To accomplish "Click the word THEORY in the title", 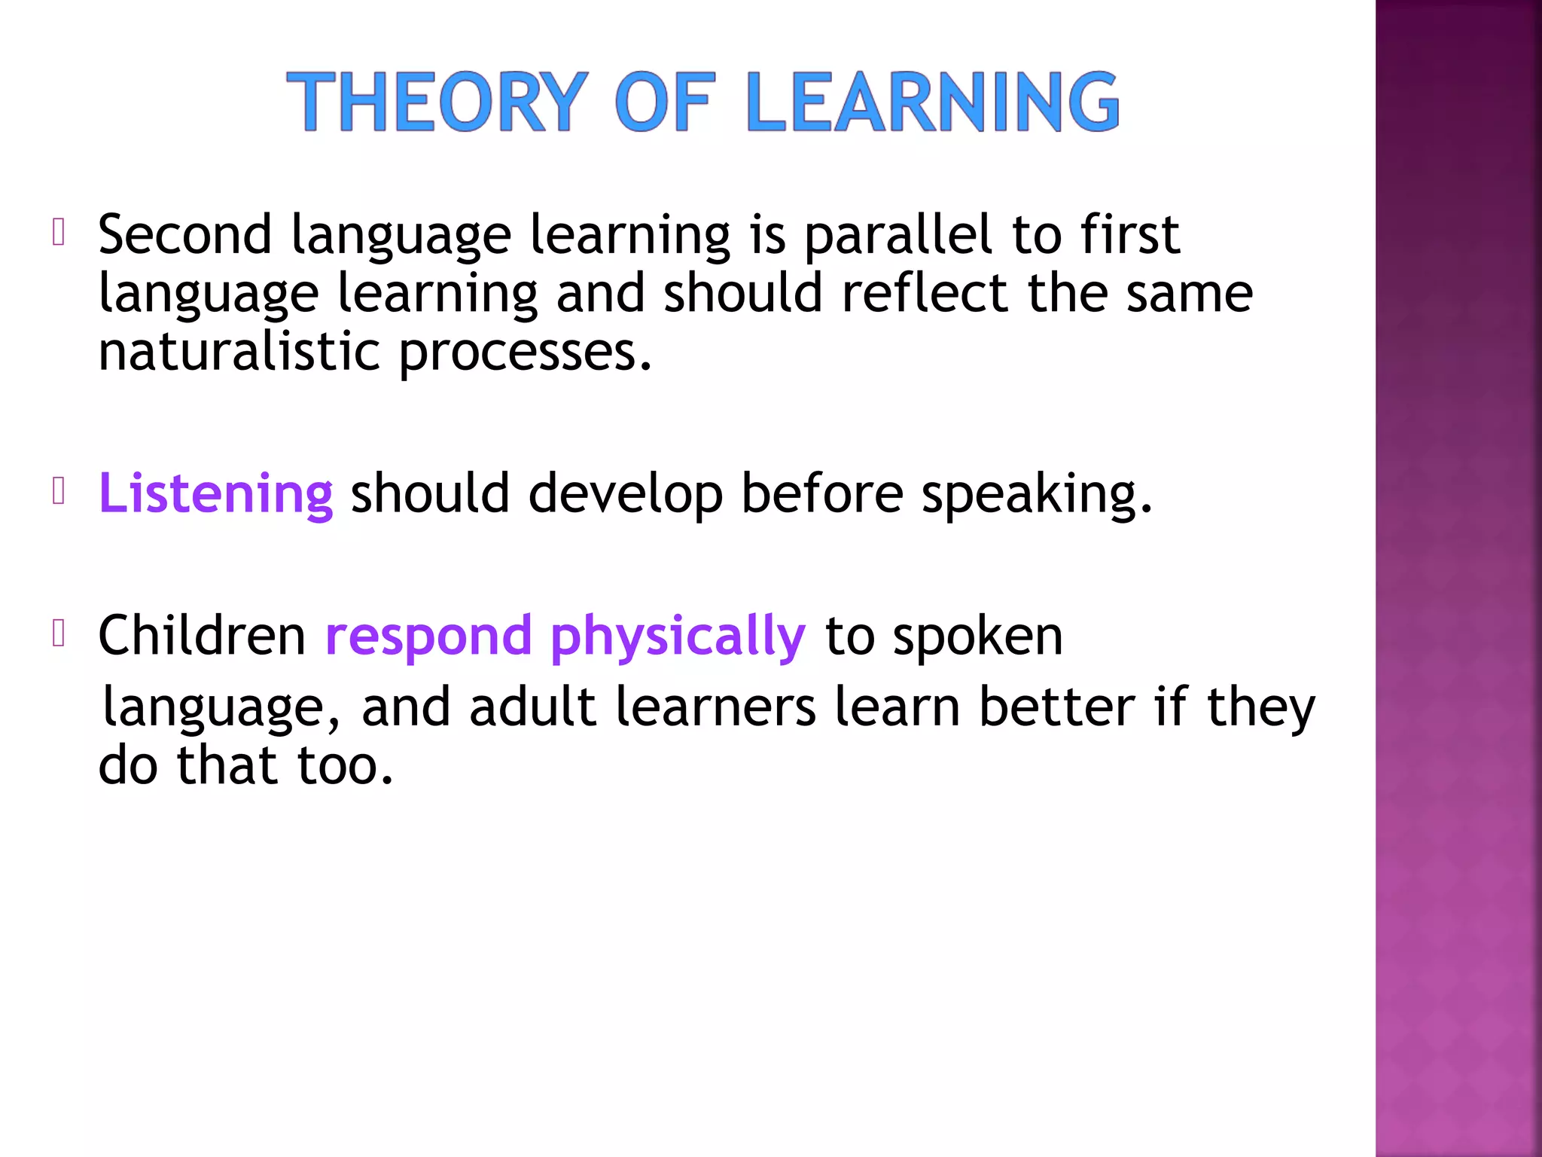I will pyautogui.click(x=437, y=102).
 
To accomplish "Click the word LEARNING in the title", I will pyautogui.click(x=934, y=102).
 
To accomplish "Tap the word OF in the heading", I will pyautogui.click(x=664, y=102).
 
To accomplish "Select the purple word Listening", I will pyautogui.click(x=215, y=493).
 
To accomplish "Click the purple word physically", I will pyautogui.click(x=678, y=637).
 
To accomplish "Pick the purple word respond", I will pyautogui.click(x=428, y=637).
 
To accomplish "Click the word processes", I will pyautogui.click(x=524, y=353).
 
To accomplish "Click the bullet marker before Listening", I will pyautogui.click(x=59, y=491).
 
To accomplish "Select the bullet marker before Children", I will pyautogui.click(x=59, y=633).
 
